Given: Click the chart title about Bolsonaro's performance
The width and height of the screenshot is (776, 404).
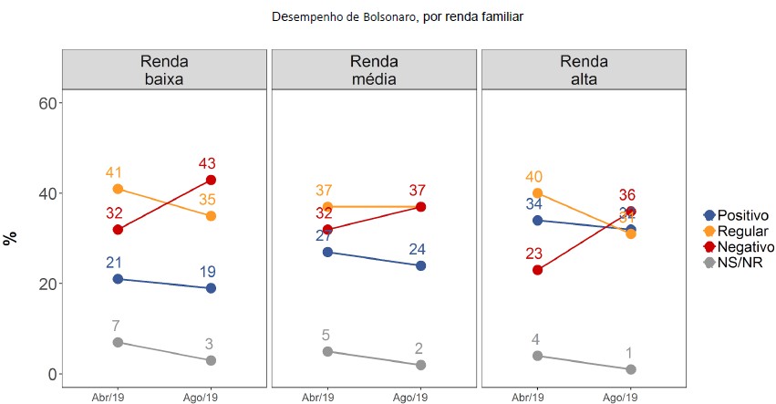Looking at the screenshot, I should click(x=398, y=16).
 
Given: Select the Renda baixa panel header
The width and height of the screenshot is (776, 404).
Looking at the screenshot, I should click(x=164, y=69).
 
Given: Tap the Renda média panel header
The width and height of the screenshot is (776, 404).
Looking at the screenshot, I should click(x=374, y=69).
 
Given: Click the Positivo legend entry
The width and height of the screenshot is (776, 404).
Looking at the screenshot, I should click(x=735, y=213).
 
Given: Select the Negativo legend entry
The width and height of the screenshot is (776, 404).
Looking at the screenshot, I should click(x=737, y=246).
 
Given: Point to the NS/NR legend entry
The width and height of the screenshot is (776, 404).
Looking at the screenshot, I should click(x=730, y=263).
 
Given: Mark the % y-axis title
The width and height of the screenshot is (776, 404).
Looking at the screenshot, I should click(x=11, y=238).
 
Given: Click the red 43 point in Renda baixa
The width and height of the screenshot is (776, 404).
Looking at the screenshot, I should click(x=211, y=180).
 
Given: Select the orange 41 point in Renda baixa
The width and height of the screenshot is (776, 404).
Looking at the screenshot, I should click(x=118, y=189).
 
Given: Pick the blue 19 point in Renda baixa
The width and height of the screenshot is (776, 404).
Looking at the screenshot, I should click(x=211, y=288).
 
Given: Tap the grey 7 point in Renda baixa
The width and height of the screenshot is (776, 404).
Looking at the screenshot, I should click(x=118, y=342).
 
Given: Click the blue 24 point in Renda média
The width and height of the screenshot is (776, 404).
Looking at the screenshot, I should click(x=420, y=265).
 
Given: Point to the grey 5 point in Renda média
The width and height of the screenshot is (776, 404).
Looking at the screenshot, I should click(x=327, y=351).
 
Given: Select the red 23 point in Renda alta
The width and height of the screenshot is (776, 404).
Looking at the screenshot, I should click(x=538, y=270).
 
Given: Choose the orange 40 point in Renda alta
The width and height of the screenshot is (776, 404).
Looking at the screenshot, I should click(x=538, y=193).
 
